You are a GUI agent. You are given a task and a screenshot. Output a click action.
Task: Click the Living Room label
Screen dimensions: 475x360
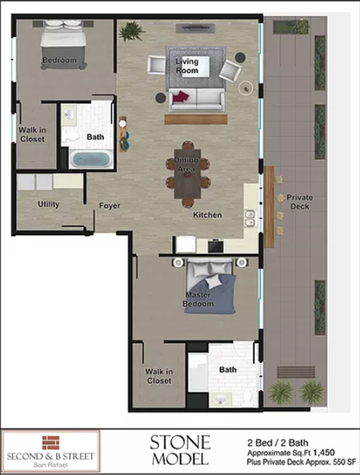tap(187, 65)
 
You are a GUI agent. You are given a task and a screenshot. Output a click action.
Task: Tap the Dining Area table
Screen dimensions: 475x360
tap(187, 172)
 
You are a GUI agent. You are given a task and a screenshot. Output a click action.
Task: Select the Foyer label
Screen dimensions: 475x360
tap(109, 206)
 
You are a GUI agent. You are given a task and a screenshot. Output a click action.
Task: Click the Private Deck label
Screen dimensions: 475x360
tap(299, 202)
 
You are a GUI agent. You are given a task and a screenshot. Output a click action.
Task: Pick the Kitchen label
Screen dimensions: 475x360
tap(207, 215)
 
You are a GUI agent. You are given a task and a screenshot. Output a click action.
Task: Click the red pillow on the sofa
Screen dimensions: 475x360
tap(180, 96)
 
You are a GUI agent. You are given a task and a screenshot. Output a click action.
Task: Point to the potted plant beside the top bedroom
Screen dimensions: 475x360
tap(132, 32)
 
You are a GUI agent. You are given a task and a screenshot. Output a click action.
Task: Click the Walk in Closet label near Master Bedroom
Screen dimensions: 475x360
tap(159, 376)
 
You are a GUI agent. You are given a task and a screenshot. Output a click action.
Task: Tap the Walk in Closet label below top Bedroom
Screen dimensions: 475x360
tap(31, 134)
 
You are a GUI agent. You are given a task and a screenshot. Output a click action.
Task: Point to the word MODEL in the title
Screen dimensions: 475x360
tap(180, 458)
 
